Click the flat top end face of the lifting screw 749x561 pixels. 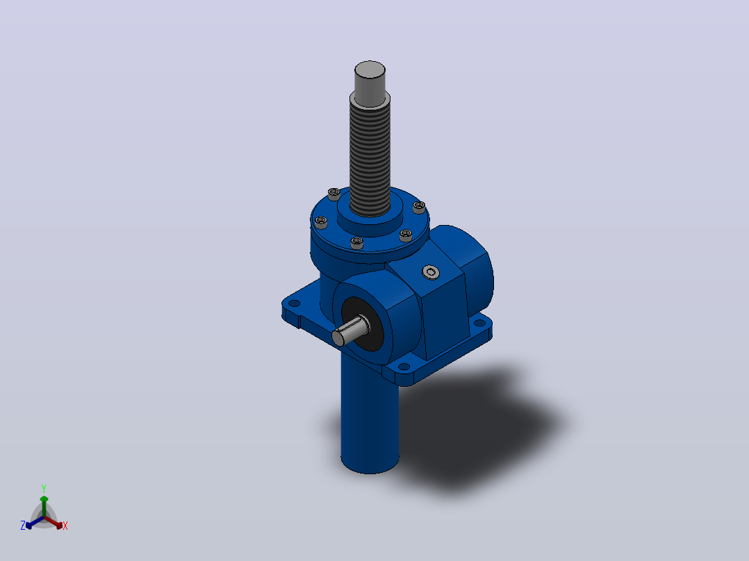pyautogui.click(x=370, y=69)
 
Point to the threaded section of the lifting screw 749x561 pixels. pyautogui.click(x=370, y=158)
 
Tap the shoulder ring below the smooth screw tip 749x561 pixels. pyautogui.click(x=370, y=99)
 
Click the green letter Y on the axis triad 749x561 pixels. pyautogui.click(x=44, y=488)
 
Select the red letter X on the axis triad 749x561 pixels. pyautogui.click(x=65, y=526)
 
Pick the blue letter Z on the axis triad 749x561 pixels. pyautogui.click(x=23, y=526)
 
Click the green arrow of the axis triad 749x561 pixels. pyautogui.click(x=44, y=505)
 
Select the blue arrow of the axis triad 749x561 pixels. pyautogui.click(x=35, y=522)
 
